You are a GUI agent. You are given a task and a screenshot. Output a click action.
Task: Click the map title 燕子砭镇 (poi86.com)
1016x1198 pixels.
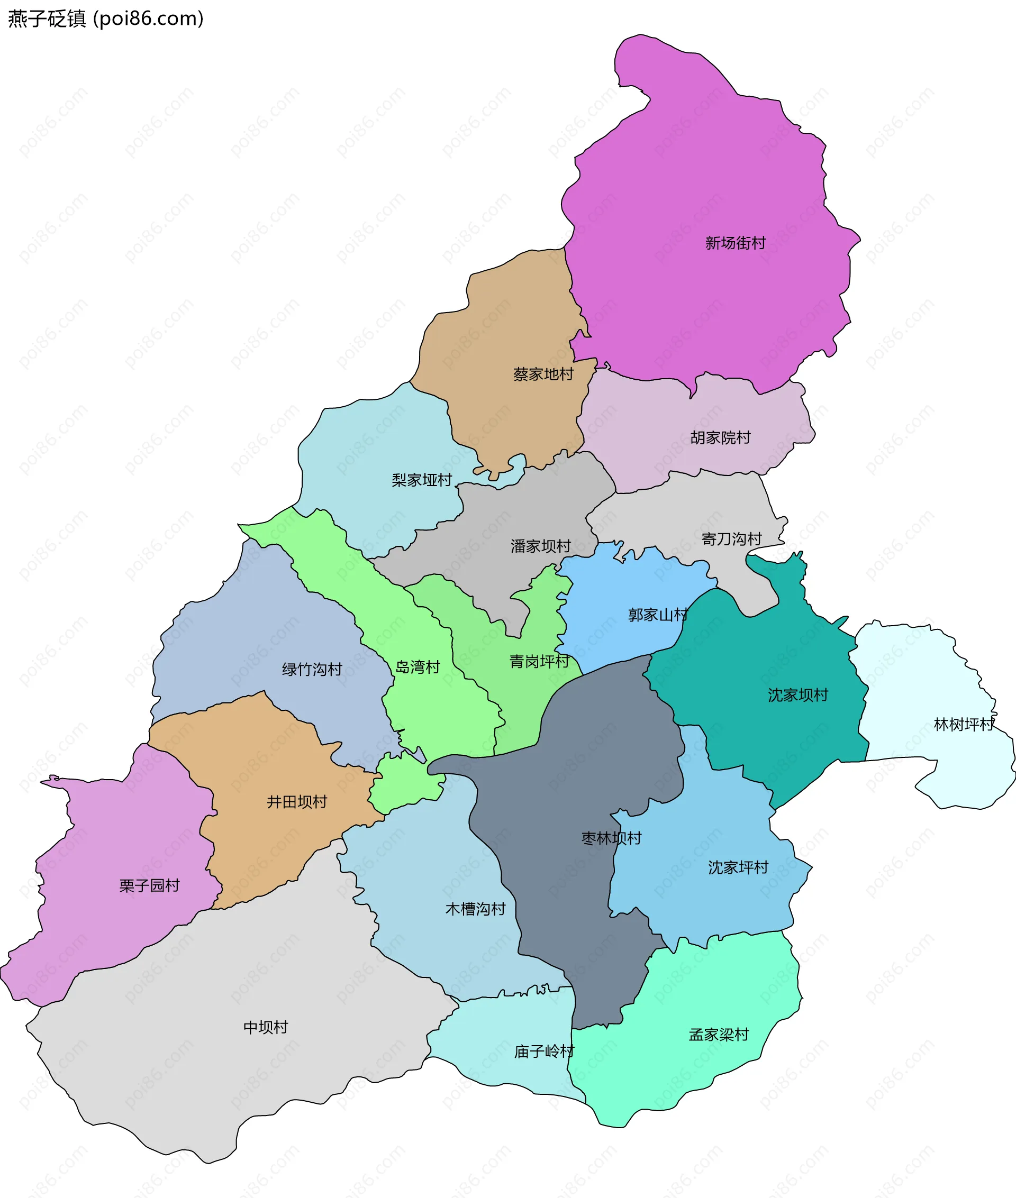(x=106, y=19)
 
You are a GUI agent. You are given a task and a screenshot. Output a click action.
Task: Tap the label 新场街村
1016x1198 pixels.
(x=736, y=243)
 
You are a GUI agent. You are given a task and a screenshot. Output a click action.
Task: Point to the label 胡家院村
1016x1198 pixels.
(x=721, y=437)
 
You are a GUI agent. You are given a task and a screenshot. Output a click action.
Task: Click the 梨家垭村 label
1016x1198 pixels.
(x=422, y=480)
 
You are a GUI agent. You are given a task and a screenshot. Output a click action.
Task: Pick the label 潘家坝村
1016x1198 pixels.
(x=540, y=546)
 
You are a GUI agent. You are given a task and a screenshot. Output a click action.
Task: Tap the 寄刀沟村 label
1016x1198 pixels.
(x=731, y=539)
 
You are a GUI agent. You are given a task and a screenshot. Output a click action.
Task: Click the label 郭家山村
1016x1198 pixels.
(x=658, y=615)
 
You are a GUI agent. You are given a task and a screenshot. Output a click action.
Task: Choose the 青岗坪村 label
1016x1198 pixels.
(x=539, y=662)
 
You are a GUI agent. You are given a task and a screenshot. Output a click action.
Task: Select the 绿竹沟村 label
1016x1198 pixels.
(x=312, y=669)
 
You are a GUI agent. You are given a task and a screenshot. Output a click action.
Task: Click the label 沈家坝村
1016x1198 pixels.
(x=797, y=695)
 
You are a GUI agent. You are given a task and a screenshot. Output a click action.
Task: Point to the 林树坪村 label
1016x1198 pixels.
(x=964, y=724)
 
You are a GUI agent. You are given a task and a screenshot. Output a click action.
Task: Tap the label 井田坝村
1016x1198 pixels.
(x=297, y=801)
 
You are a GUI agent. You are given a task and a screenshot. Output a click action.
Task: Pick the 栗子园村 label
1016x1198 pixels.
(x=149, y=885)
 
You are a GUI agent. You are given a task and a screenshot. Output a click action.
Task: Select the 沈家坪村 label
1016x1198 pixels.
(x=738, y=867)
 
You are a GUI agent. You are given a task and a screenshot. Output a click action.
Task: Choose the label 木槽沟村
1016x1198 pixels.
(x=475, y=909)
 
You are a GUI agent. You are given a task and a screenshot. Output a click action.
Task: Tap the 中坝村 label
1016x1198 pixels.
(x=266, y=1027)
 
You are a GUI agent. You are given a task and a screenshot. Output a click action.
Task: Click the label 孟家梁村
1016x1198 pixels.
(x=719, y=1035)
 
